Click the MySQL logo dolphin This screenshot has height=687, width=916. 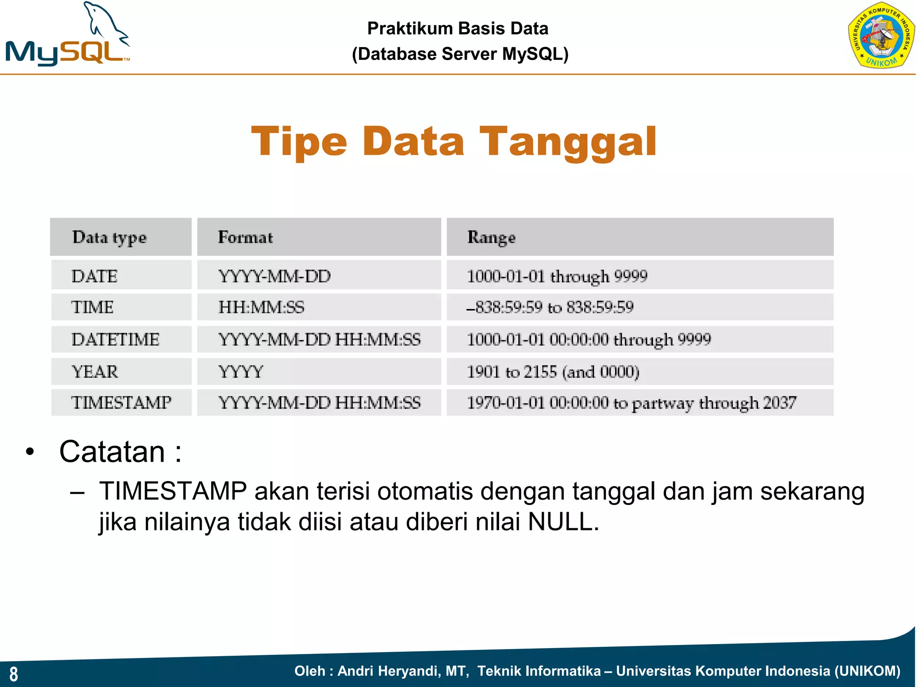pyautogui.click(x=105, y=22)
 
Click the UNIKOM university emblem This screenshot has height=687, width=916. pyautogui.click(x=881, y=36)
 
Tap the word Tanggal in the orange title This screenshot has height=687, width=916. pyautogui.click(x=568, y=142)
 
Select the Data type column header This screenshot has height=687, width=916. pyautogui.click(x=110, y=237)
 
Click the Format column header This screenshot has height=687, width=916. pyautogui.click(x=245, y=237)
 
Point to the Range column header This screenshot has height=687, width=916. pyautogui.click(x=491, y=237)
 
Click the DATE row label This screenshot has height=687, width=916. pyautogui.click(x=94, y=276)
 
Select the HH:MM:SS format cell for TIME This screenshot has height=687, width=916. pyautogui.click(x=261, y=307)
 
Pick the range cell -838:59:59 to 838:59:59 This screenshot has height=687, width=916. pyautogui.click(x=550, y=307)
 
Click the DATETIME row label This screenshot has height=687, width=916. pyautogui.click(x=115, y=339)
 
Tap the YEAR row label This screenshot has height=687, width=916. pyautogui.click(x=95, y=372)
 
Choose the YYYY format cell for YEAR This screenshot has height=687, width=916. pyautogui.click(x=241, y=372)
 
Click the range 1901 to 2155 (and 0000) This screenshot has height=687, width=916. pyautogui.click(x=553, y=372)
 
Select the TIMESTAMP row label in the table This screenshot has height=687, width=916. pyautogui.click(x=121, y=403)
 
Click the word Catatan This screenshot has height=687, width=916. pyautogui.click(x=112, y=452)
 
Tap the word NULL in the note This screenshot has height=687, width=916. pyautogui.click(x=562, y=522)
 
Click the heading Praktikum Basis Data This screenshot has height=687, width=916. pyautogui.click(x=458, y=29)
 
